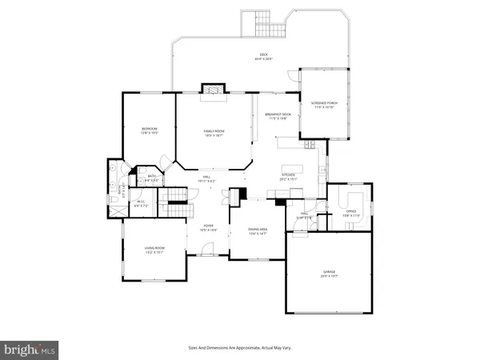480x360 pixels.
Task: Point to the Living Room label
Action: [x=154, y=250]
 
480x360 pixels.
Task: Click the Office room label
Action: [x=352, y=214]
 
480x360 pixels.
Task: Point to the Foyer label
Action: [x=208, y=228]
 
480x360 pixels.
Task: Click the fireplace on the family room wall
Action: [x=213, y=90]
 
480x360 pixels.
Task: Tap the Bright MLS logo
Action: [x=30, y=349]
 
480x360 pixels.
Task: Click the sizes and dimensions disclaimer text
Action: [x=239, y=348]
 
